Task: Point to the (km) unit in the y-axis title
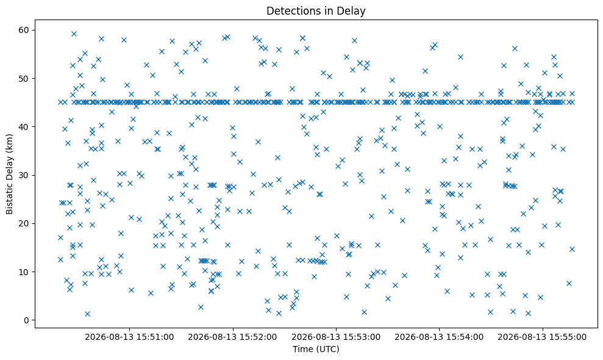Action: (10, 143)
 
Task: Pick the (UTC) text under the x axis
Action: (328, 349)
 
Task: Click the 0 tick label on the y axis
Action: (27, 320)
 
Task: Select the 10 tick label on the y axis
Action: (24, 272)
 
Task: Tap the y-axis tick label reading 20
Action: (24, 224)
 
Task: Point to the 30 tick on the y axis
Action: (24, 175)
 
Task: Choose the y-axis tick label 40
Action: (24, 127)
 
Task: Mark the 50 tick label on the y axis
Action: (24, 79)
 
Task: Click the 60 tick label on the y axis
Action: (24, 30)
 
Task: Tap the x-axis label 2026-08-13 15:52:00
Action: (232, 337)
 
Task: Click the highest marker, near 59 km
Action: (74, 34)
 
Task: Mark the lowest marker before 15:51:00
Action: (87, 314)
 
